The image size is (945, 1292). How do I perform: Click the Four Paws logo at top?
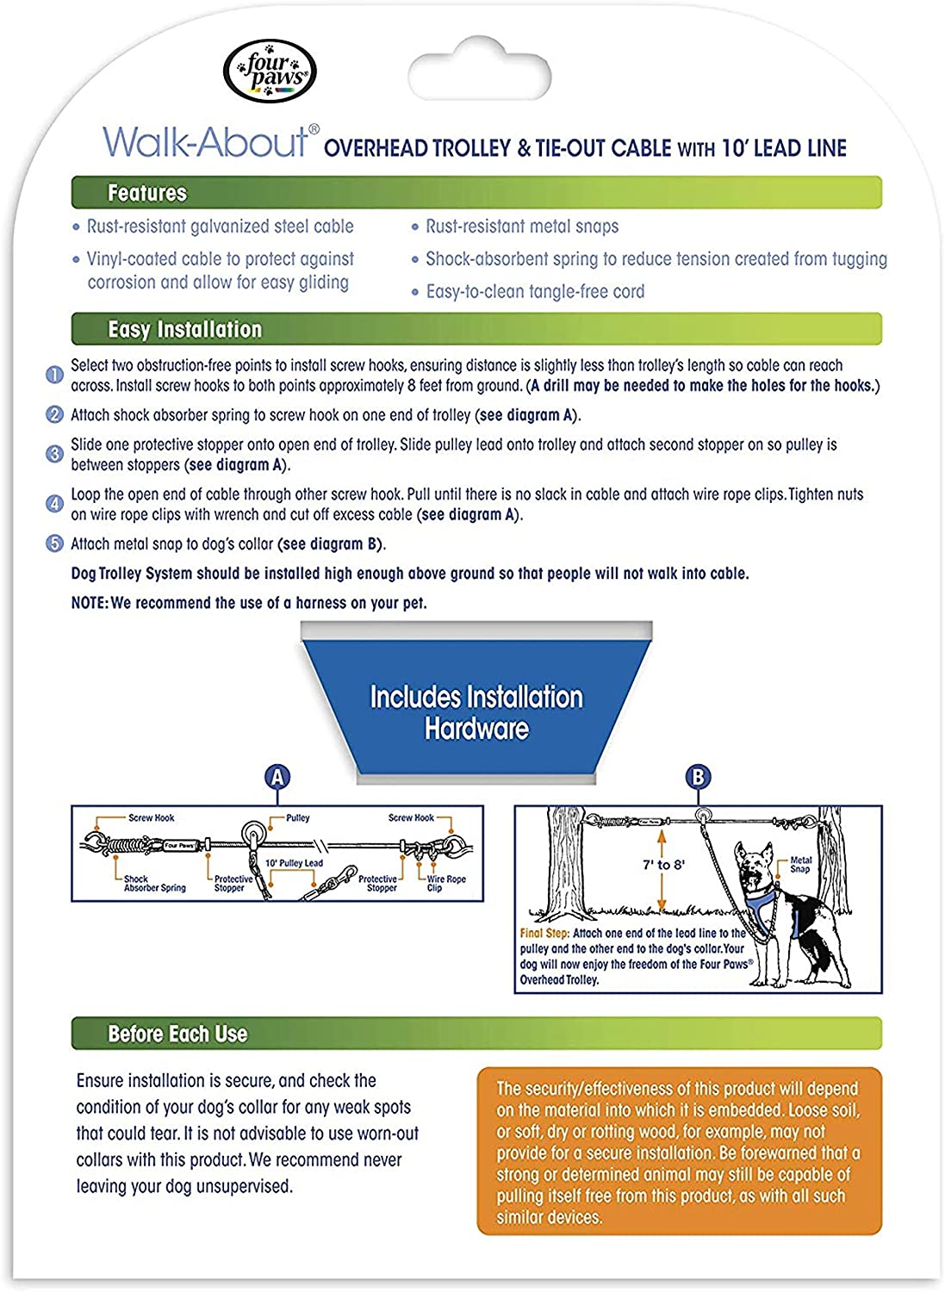pos(270,71)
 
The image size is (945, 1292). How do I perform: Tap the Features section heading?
pos(147,193)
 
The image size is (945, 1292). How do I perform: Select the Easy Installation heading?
pos(184,329)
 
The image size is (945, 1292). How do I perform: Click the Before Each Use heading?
pos(177,1034)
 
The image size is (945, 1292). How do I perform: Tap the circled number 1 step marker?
pos(54,376)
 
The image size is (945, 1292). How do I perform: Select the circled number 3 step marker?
pos(54,454)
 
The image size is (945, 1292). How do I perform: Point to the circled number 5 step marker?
pos(54,544)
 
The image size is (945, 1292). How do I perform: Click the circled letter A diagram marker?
pos(277,778)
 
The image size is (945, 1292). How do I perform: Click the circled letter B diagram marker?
pos(698,778)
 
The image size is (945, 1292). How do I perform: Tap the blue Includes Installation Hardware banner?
pos(476,712)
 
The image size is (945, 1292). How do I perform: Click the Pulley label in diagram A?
pos(298,818)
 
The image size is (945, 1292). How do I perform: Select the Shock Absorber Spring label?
pos(154,884)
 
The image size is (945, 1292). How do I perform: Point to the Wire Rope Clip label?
pos(446,884)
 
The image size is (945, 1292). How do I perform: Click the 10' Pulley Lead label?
pos(294,863)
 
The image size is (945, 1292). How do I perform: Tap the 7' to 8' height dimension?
pos(663,865)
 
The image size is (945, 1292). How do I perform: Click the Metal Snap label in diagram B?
pos(800,865)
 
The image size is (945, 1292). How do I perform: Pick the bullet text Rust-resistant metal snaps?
pos(522,227)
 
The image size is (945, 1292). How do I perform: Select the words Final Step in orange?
pos(544,934)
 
